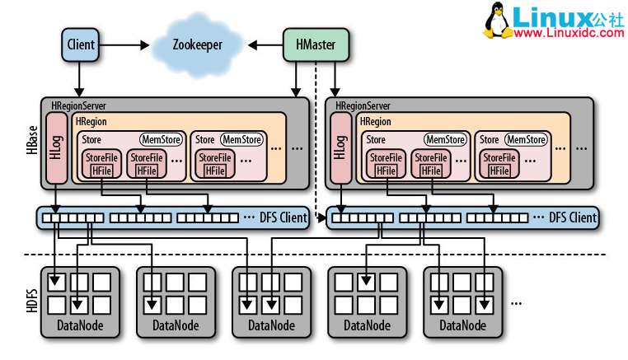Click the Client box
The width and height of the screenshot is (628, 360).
tap(80, 44)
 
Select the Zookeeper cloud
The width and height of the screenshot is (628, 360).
tap(198, 44)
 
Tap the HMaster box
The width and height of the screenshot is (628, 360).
tap(314, 44)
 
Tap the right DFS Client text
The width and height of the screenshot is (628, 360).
tap(570, 218)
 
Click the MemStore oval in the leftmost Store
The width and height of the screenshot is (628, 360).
tap(159, 140)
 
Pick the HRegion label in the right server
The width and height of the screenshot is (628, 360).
tap(378, 122)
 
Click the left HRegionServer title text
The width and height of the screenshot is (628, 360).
tap(79, 105)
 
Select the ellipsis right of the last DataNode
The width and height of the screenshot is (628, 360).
tap(517, 302)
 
